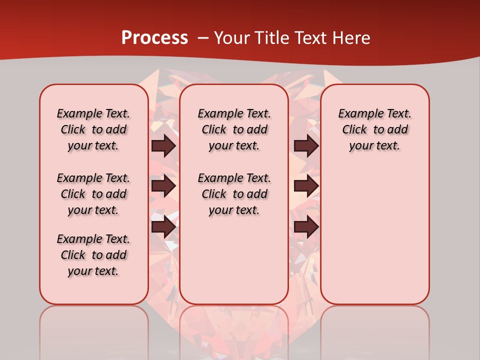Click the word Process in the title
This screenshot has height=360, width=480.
[154, 37]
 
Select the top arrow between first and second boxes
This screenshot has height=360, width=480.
[163, 145]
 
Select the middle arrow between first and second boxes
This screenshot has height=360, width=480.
[163, 186]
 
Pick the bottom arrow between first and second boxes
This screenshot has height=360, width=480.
[163, 227]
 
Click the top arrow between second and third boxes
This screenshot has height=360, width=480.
[306, 145]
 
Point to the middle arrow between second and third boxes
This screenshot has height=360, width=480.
[306, 186]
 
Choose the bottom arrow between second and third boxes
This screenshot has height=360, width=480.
[306, 227]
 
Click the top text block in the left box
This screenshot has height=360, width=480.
[93, 129]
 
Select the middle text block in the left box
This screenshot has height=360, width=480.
[93, 194]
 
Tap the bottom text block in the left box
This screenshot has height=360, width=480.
[93, 255]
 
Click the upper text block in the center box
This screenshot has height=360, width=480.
[234, 129]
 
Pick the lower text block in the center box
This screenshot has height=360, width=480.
[234, 194]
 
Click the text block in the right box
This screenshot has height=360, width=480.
[374, 129]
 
